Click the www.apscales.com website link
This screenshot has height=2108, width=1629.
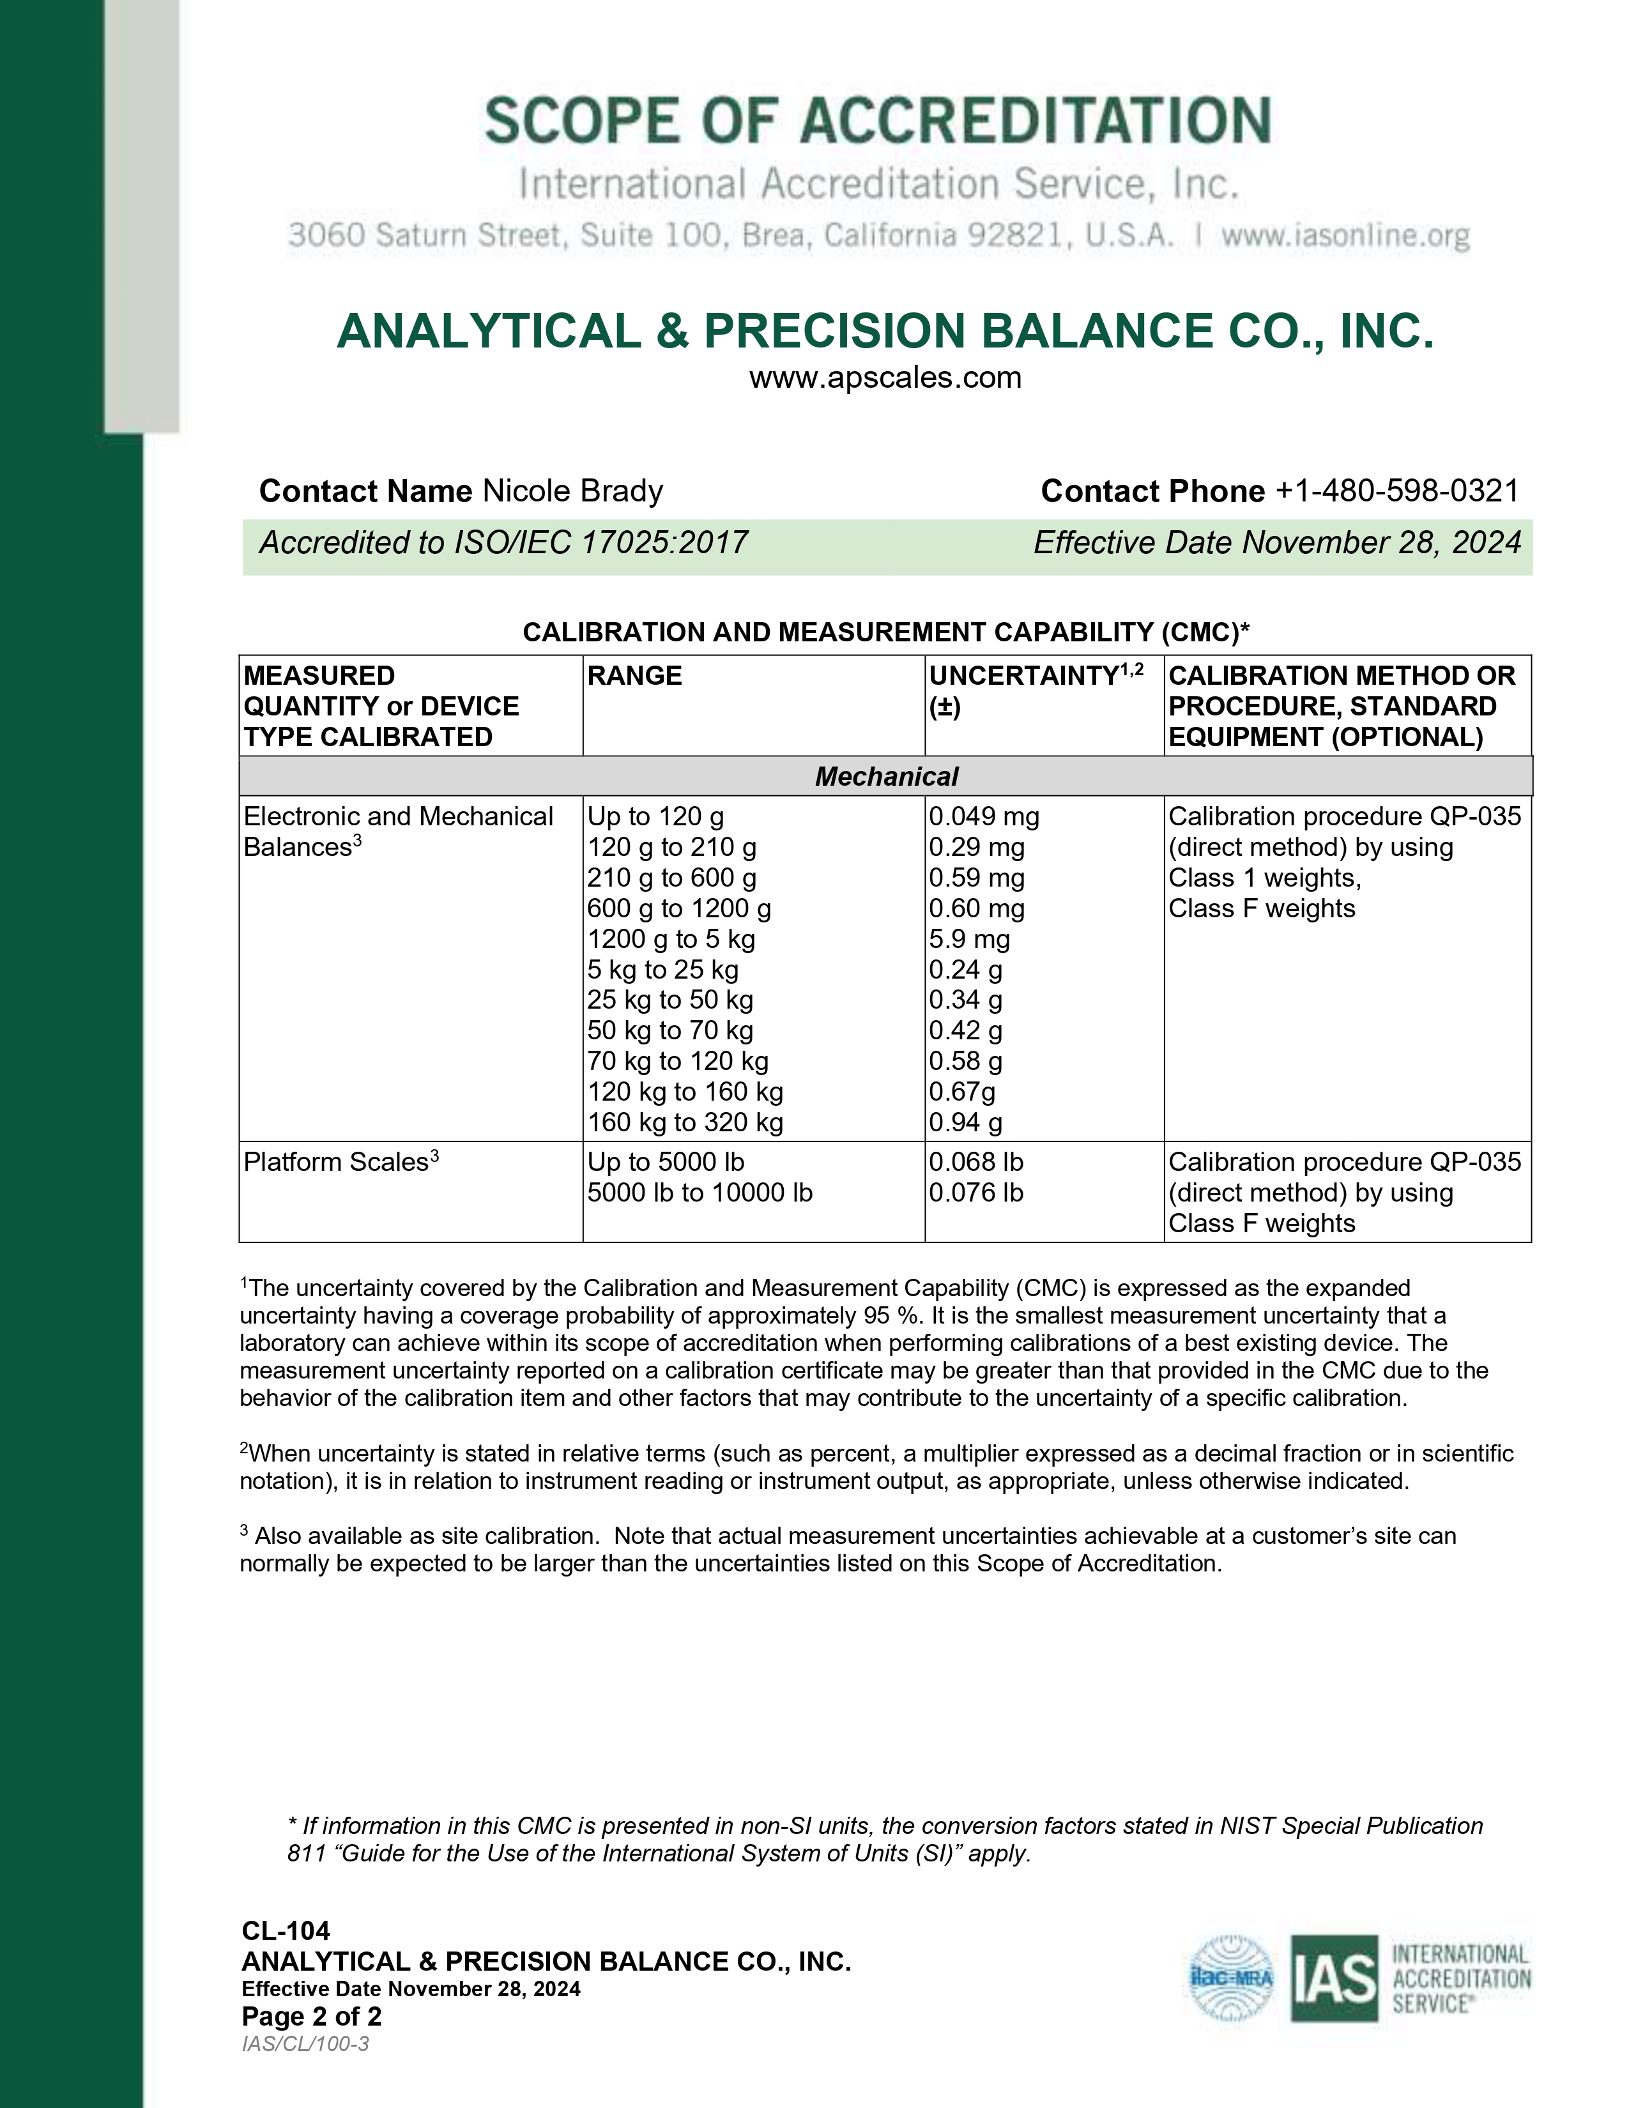click(x=885, y=378)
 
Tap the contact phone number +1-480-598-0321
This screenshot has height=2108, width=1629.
click(x=1396, y=491)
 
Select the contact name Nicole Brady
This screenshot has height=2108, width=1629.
click(x=572, y=491)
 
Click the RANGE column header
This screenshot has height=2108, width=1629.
click(x=634, y=676)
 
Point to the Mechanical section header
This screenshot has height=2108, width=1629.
click(x=886, y=776)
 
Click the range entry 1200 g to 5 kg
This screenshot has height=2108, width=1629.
click(x=671, y=939)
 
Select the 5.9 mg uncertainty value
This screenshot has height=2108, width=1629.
click(x=969, y=939)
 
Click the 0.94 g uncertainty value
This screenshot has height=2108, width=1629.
click(x=965, y=1122)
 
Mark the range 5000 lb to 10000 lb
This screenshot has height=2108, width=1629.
click(x=700, y=1193)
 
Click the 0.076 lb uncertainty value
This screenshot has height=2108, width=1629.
click(x=975, y=1193)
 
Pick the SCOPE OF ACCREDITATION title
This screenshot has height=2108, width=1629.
click(x=877, y=121)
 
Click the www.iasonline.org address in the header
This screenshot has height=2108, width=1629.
click(x=1345, y=236)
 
